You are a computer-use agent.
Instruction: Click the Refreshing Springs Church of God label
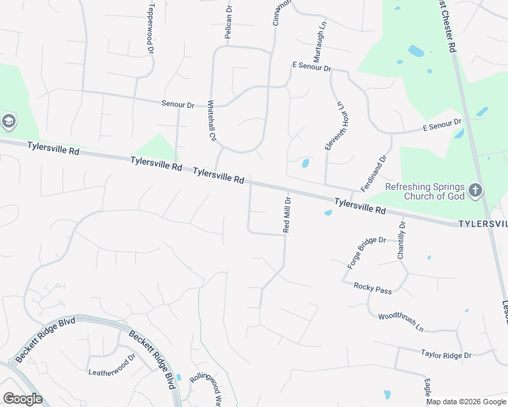[x=424, y=192]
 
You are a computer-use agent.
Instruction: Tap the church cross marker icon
[x=475, y=190]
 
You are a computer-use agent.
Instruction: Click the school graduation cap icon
[x=9, y=122]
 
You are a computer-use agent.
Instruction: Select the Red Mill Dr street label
[x=287, y=214]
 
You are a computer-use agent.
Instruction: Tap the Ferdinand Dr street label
[x=374, y=172]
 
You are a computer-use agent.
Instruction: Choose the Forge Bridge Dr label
[x=366, y=252]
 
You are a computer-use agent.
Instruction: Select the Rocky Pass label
[x=373, y=289]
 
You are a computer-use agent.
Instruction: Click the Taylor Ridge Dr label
[x=446, y=355]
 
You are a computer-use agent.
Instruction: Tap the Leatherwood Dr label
[x=112, y=367]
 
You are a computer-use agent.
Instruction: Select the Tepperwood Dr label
[x=150, y=24]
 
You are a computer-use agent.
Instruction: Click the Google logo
[x=22, y=399]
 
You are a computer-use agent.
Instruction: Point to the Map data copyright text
[x=467, y=402]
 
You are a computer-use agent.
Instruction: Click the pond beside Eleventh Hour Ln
[x=305, y=163]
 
